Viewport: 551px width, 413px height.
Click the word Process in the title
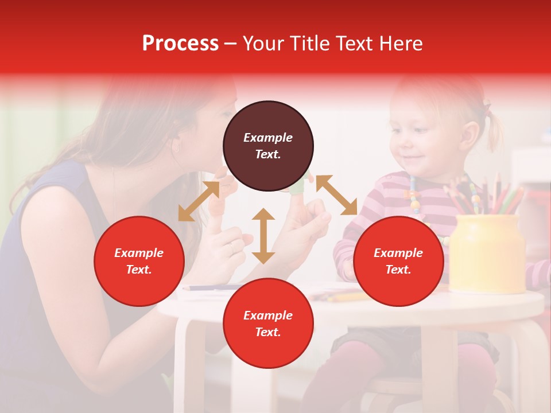point(180,44)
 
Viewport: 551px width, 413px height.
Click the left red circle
point(139,261)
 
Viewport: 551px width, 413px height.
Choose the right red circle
point(398,261)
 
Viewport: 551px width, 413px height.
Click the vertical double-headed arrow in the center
point(263,236)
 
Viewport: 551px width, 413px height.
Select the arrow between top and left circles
point(199,201)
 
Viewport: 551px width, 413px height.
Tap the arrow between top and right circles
point(336,195)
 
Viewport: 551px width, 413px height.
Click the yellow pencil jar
point(487,252)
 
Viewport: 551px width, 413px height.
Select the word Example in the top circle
point(268,138)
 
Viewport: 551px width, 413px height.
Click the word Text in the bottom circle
point(268,332)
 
